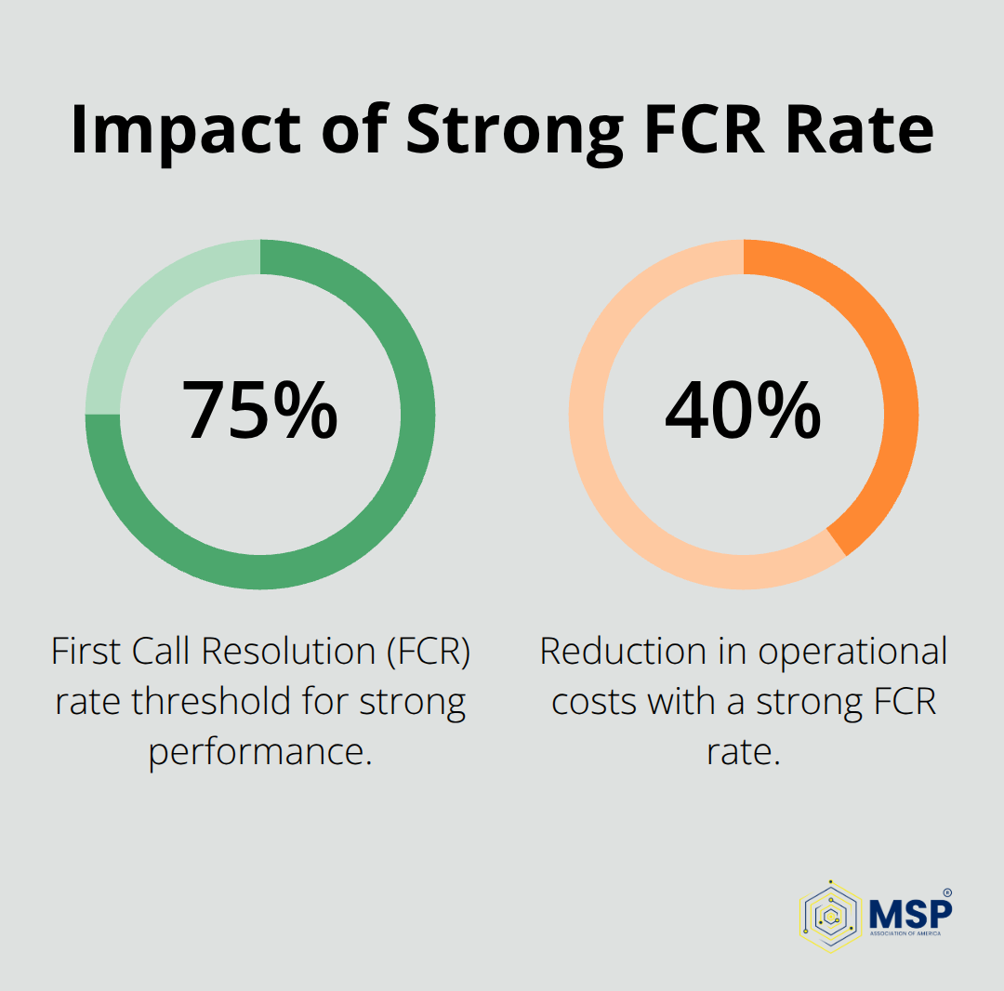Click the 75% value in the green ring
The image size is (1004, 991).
259,411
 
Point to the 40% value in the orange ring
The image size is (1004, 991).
743,411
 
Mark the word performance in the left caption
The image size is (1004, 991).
259,750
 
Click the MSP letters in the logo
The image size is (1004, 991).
910,911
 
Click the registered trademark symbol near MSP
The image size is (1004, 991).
947,892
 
